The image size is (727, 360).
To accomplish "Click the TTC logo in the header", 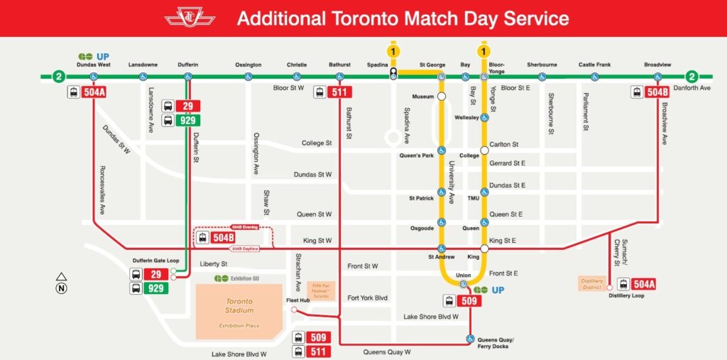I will point(190,17).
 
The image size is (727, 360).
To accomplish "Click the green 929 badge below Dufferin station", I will point(187,120).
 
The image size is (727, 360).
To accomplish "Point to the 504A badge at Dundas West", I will point(94,92).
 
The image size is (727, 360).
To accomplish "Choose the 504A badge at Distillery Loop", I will point(643,284).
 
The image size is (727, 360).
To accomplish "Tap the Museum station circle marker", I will point(442,96).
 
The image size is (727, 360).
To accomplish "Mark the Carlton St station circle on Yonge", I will point(485,150).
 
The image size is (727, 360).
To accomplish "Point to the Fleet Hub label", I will point(299,300).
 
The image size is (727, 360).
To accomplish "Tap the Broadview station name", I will point(657,65).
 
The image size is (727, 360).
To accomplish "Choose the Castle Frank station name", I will point(594,65).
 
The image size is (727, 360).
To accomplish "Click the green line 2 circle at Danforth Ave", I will point(692,77).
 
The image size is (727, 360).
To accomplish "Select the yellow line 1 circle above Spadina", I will point(393,50).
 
